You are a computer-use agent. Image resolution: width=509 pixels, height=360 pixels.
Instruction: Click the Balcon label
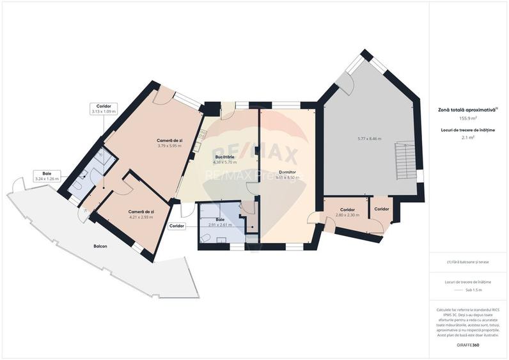[100, 246]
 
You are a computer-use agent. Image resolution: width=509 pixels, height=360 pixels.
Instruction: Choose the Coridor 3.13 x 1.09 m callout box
[104, 109]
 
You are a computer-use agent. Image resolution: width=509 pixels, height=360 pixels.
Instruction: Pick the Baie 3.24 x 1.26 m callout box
[47, 176]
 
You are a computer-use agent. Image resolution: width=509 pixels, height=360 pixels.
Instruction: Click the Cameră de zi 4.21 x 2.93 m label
[140, 214]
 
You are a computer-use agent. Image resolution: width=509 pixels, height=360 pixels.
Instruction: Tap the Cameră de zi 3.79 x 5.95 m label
[169, 143]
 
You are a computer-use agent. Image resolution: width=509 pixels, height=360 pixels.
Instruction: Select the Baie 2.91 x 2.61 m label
[220, 222]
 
